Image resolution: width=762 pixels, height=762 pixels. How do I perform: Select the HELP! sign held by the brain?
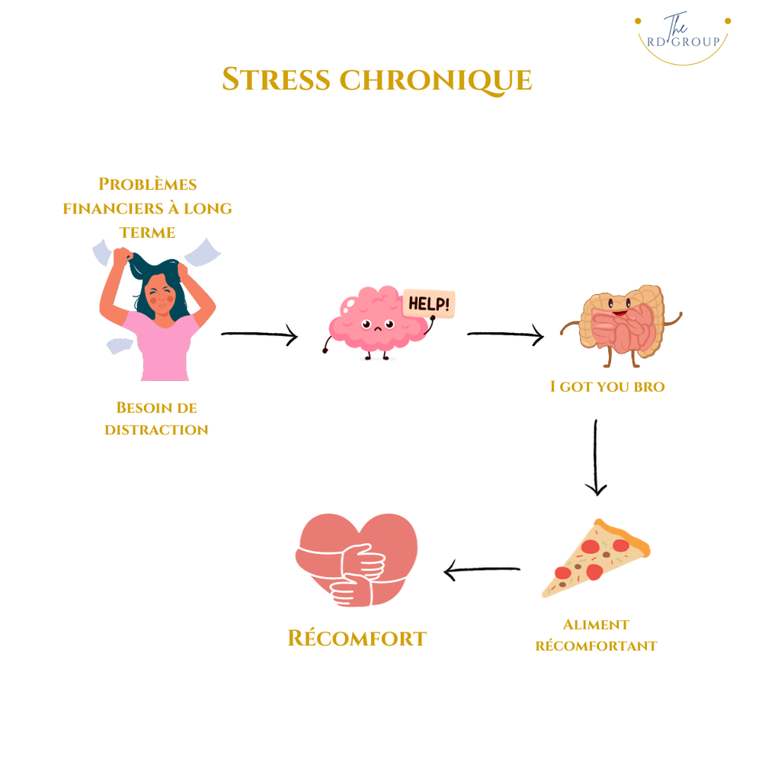(x=428, y=304)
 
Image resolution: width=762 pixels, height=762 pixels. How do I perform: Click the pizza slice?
(x=594, y=559)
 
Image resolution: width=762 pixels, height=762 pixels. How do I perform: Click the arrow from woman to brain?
(x=259, y=335)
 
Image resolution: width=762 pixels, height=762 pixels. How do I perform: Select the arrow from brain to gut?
(x=505, y=335)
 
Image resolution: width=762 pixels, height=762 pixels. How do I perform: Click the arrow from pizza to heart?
(x=482, y=569)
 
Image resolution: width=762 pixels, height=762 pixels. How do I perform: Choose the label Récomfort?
(x=357, y=638)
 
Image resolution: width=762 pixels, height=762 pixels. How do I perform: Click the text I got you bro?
(x=607, y=387)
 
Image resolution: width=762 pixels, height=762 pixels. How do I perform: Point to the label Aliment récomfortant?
(x=596, y=636)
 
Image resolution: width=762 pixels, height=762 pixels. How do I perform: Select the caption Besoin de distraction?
(x=156, y=418)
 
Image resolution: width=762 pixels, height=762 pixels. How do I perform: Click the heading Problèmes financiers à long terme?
(x=148, y=208)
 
